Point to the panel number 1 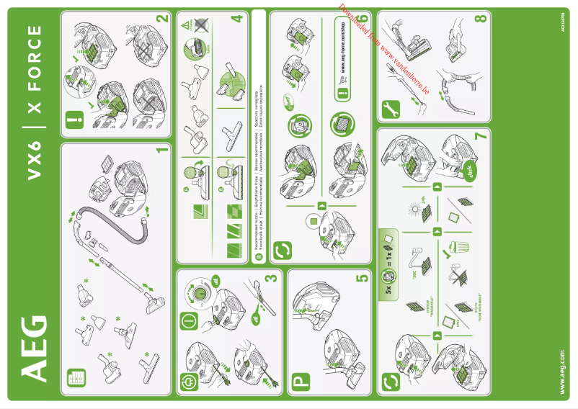161,152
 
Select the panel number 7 480,135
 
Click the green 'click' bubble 468,171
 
